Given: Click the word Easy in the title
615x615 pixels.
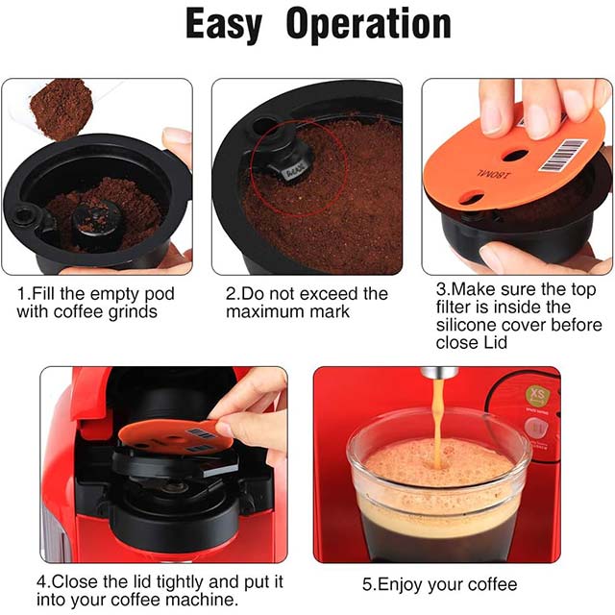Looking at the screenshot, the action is click(x=224, y=25).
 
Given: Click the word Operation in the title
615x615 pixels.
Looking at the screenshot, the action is click(x=369, y=24).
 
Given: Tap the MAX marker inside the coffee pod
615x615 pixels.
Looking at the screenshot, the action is click(x=293, y=173).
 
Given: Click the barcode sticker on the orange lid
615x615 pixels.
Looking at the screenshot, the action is click(x=563, y=156).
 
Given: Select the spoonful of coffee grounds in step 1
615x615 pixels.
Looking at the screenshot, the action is click(x=60, y=109).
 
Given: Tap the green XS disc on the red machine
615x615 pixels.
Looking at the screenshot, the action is click(x=537, y=395).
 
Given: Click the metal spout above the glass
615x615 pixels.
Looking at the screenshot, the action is click(x=438, y=372).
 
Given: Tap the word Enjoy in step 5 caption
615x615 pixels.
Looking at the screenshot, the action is click(x=400, y=585).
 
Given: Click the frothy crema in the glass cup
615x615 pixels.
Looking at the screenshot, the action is click(x=439, y=463).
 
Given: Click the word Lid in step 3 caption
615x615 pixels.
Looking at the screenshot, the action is click(x=496, y=342).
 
